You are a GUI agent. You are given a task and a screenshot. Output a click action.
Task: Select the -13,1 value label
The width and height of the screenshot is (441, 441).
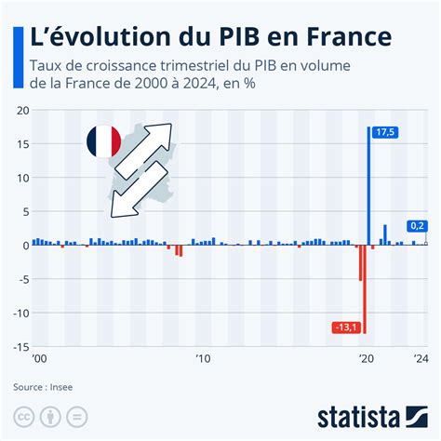click(x=346, y=327)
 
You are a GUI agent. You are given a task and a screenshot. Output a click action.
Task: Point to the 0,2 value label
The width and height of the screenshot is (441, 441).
click(x=419, y=225)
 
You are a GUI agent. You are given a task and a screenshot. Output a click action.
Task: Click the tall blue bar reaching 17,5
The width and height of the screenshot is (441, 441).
click(x=369, y=186)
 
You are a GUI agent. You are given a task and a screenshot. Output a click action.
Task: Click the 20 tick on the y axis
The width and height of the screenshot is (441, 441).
click(x=21, y=111)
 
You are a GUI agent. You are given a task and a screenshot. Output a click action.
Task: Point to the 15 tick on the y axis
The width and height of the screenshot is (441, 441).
click(x=21, y=144)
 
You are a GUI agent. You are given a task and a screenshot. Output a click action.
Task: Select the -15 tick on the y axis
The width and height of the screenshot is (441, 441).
click(x=20, y=346)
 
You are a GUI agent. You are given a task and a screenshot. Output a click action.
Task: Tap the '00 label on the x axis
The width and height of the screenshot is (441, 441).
click(x=39, y=359)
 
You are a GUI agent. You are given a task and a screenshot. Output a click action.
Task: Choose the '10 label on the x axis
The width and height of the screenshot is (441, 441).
click(x=202, y=359)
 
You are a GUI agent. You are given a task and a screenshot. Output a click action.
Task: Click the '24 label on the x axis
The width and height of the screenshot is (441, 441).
click(x=421, y=359)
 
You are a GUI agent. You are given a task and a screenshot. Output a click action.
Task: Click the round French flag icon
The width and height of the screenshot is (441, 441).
click(x=102, y=140)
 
